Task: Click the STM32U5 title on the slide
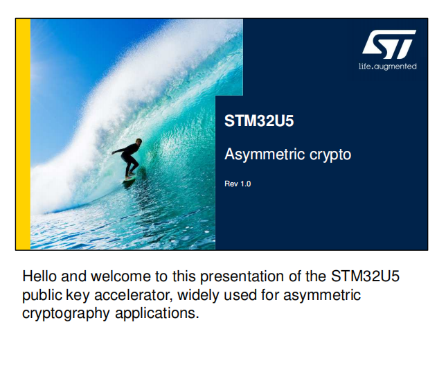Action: [x=259, y=121]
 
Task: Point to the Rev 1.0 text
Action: [x=238, y=184]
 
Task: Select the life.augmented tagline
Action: [x=387, y=67]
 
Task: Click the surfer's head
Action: [x=139, y=141]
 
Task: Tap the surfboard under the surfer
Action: [x=129, y=178]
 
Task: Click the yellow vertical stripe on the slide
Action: [x=23, y=134]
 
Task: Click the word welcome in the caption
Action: [x=121, y=276]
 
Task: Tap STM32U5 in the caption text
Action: [x=365, y=276]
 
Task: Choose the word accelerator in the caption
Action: [x=133, y=295]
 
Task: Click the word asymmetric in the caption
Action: [x=322, y=296]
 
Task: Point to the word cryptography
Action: [x=66, y=314]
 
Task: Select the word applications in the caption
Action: [x=157, y=314]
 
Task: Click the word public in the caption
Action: [x=42, y=296]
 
